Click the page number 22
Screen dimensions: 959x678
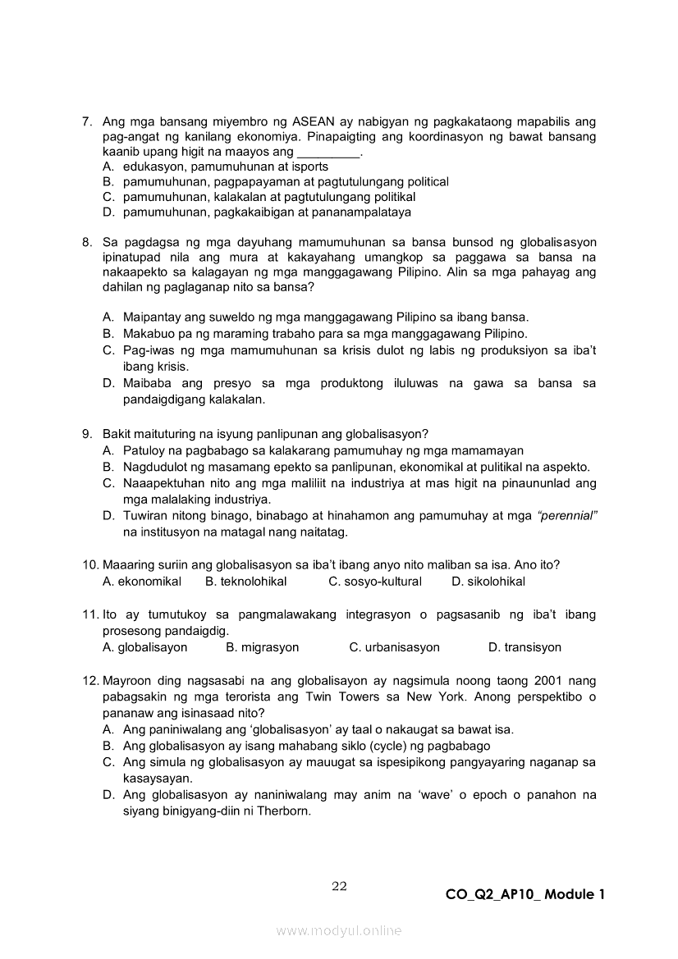(339, 886)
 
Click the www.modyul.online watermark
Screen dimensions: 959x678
(339, 931)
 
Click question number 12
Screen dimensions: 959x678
(90, 681)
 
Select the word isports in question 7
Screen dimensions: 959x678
(309, 167)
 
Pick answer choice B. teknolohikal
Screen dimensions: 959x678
(245, 582)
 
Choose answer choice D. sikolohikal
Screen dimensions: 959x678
(488, 582)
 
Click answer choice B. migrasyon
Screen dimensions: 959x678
(262, 647)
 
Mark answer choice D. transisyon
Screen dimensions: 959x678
(525, 647)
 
